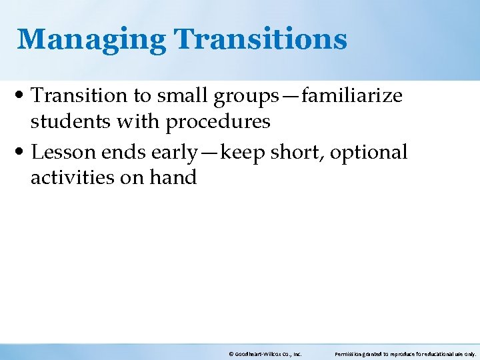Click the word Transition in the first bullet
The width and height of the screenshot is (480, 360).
click(x=80, y=96)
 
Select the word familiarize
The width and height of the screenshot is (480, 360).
click(x=351, y=96)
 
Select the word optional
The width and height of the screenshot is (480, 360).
click(x=369, y=153)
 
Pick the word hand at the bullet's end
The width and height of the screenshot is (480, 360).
click(x=175, y=177)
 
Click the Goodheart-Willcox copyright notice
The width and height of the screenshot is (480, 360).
click(x=265, y=354)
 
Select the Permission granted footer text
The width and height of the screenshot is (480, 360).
click(x=405, y=354)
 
